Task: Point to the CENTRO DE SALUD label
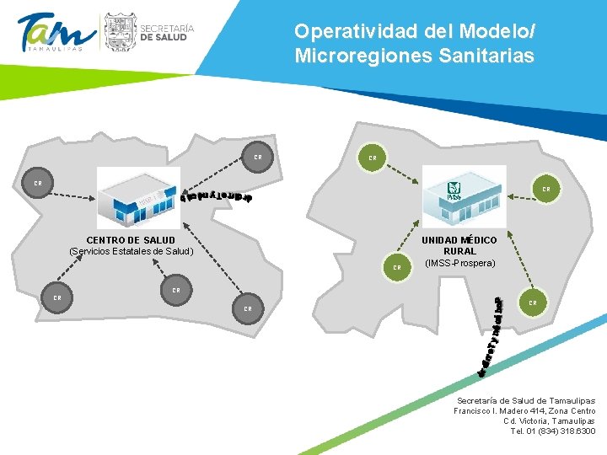pos(131,240)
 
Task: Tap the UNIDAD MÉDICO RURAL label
pos(459,245)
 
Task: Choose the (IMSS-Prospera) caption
pos(460,263)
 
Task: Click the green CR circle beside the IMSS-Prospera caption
pos(396,267)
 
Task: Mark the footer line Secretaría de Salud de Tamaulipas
pos(525,400)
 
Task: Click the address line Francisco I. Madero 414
pos(525,410)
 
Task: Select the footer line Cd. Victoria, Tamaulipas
pos(549,420)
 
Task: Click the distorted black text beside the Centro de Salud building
pos(218,196)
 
